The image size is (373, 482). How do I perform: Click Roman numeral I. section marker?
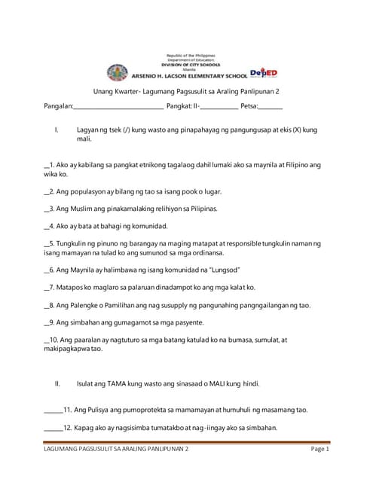pos(57,130)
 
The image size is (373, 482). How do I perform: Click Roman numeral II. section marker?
pos(58,383)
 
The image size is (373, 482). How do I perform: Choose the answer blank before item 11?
pos(54,410)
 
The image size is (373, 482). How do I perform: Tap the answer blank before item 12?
pos(54,428)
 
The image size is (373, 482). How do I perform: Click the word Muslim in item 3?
pos(81,208)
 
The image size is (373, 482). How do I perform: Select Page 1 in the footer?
pos(319,450)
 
